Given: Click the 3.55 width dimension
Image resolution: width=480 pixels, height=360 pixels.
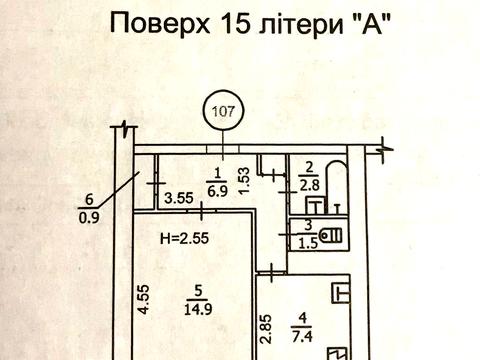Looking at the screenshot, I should pyautogui.click(x=179, y=197).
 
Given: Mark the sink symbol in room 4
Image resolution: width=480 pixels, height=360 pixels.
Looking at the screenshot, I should pyautogui.click(x=342, y=292).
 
